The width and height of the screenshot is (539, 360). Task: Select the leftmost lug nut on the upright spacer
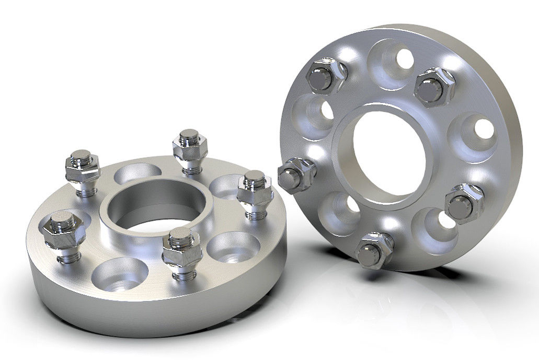tap(296, 175)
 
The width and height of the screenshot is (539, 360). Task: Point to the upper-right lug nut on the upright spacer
tap(434, 86)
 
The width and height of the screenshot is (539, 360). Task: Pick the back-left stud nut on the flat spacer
tap(83, 167)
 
